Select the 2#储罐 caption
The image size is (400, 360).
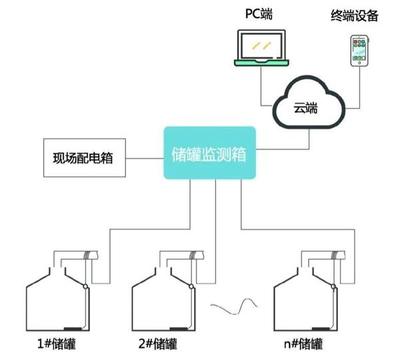(x=162, y=343)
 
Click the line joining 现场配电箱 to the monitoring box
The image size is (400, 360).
(x=145, y=158)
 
